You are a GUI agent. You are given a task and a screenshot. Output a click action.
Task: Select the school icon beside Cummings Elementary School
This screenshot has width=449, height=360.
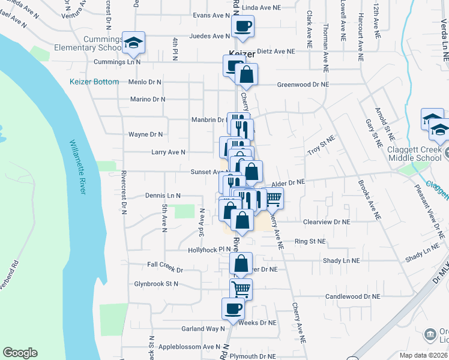(x=134, y=42)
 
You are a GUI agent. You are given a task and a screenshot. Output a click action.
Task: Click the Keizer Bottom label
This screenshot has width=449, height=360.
(x=94, y=82)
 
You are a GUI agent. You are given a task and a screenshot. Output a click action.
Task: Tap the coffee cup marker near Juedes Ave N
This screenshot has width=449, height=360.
(x=243, y=26)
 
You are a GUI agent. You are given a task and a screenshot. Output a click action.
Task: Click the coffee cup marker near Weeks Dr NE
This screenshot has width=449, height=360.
(x=233, y=309)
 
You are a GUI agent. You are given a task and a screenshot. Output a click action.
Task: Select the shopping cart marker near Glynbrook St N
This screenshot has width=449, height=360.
(x=241, y=289)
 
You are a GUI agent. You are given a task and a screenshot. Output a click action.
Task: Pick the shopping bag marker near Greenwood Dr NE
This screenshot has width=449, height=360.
(x=246, y=76)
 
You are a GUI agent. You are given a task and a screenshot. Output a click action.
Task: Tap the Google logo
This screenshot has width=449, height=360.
(x=20, y=353)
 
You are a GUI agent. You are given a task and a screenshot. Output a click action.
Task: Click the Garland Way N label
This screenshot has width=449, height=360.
(x=202, y=329)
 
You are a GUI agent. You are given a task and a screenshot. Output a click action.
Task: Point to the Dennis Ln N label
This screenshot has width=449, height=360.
(x=163, y=196)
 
